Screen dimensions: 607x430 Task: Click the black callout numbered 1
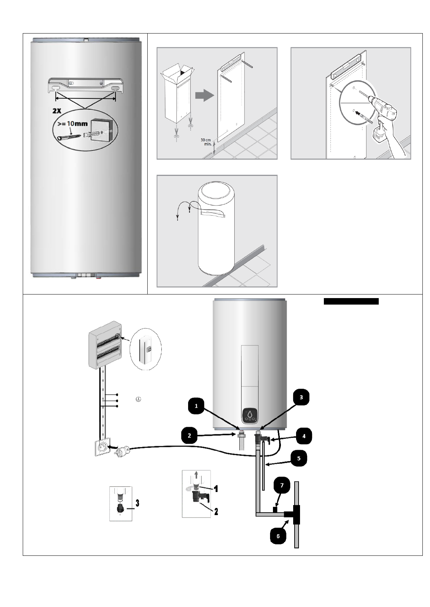[196, 406]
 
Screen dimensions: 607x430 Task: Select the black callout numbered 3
[301, 398]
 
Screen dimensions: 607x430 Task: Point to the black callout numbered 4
[304, 436]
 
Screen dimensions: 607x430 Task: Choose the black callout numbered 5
[298, 458]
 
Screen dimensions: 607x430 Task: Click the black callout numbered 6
[278, 536]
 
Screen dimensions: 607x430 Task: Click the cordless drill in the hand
[383, 115]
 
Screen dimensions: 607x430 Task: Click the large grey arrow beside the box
[204, 95]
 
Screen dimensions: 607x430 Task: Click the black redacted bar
[351, 301]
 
